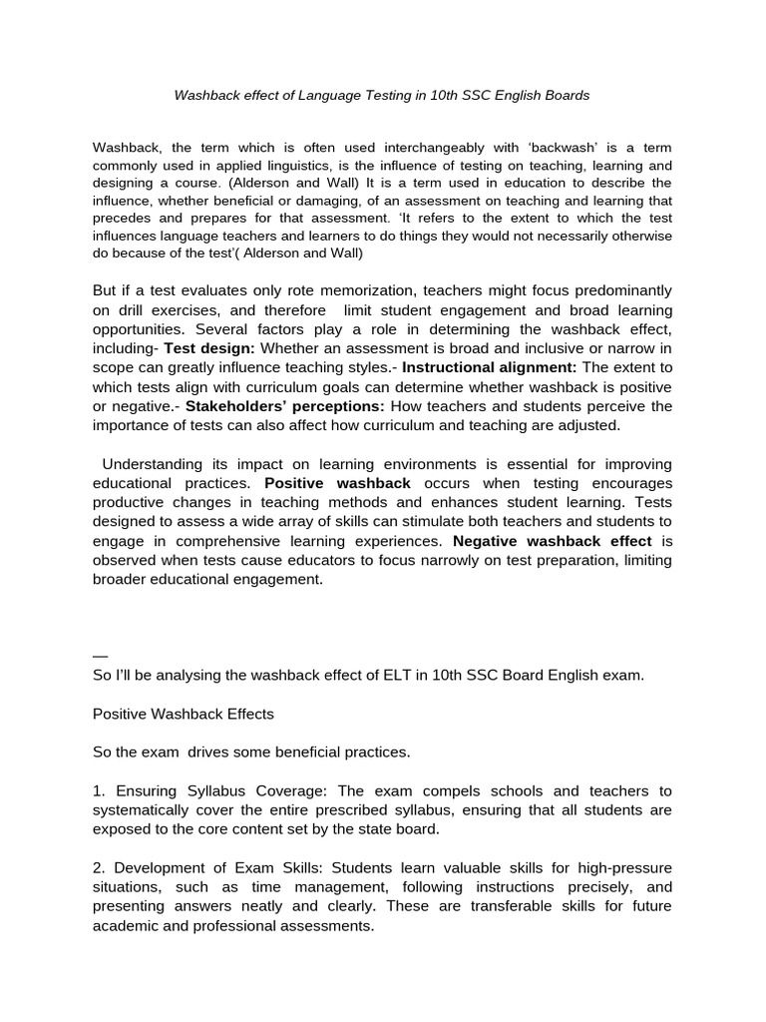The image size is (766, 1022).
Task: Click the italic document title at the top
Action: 382,96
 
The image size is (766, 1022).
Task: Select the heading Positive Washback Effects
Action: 183,715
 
